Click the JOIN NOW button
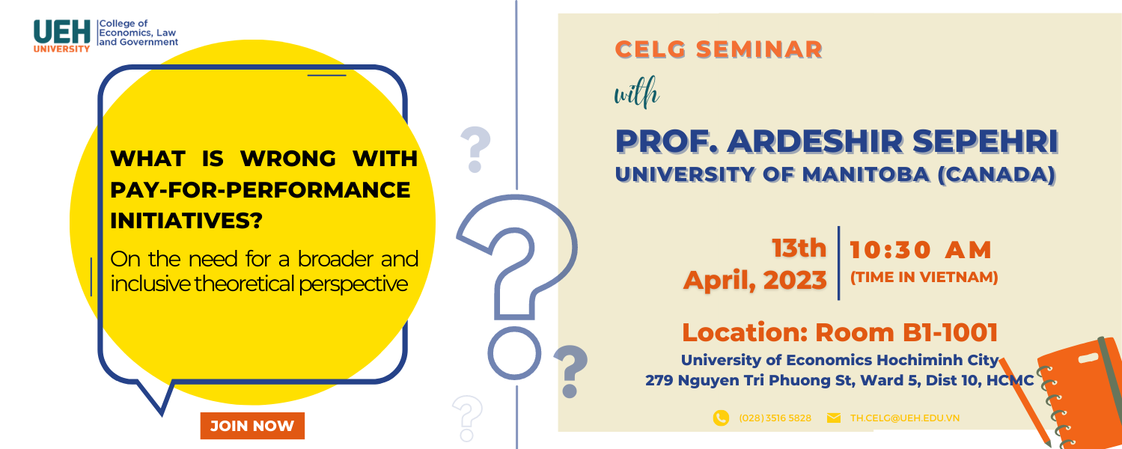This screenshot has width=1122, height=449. coord(252,426)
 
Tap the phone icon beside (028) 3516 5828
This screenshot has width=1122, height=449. coord(721,418)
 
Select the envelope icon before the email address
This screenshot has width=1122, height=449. coord(834,418)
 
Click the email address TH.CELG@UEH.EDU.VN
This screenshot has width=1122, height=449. coord(904,418)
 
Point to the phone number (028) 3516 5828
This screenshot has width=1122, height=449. coord(775,418)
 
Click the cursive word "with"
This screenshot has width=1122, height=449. coord(636,95)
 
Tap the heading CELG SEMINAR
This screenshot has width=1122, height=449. coord(719,50)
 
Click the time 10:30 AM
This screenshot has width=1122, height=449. coord(921,250)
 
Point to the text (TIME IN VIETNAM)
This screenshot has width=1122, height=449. coord(924,277)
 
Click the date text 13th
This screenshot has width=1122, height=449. coord(799,248)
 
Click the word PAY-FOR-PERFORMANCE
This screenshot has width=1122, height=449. coord(260,189)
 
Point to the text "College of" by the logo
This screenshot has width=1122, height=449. coord(124,24)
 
